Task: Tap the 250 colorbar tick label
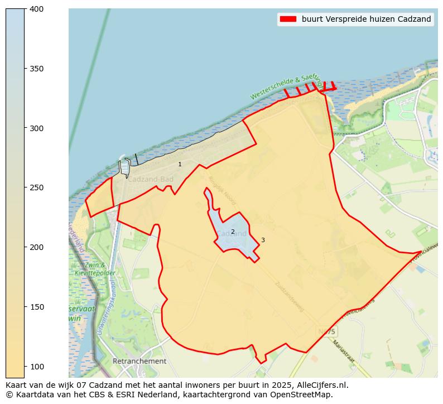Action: tap(36, 187)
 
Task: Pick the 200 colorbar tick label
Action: tap(36, 247)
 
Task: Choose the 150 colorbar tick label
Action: tap(36, 307)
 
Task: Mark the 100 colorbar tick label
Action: tap(36, 366)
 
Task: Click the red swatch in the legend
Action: tap(288, 19)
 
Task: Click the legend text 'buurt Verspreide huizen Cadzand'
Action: tap(366, 19)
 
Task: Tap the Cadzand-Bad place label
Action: tap(150, 180)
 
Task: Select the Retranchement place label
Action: tap(139, 361)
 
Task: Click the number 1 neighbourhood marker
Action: tap(180, 165)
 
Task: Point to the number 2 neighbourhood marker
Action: tap(233, 232)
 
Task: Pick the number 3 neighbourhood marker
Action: tap(263, 241)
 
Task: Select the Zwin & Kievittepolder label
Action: tap(90, 269)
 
